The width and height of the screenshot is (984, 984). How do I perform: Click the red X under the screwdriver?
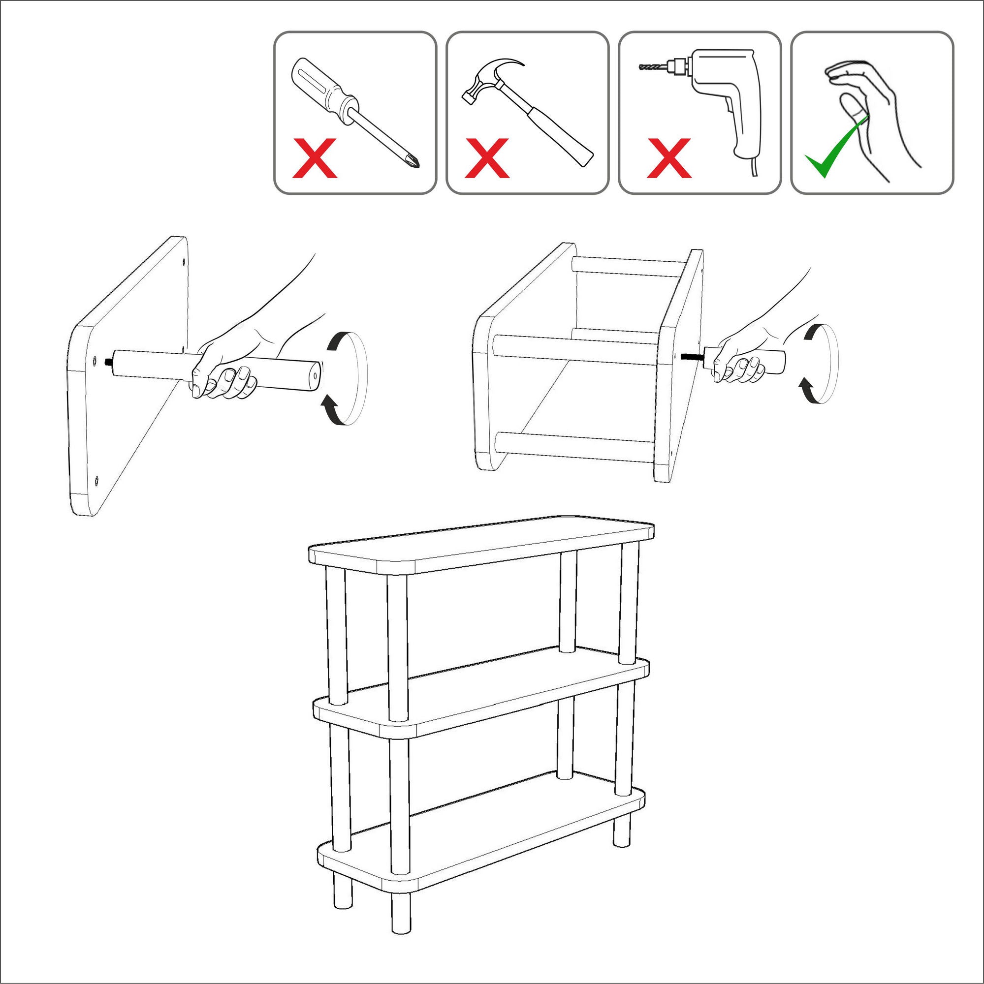[315, 158]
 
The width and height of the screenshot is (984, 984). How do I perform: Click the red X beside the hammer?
[487, 158]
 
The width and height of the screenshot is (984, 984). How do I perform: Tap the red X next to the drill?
[668, 158]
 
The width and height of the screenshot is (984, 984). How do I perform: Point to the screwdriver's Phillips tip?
[414, 162]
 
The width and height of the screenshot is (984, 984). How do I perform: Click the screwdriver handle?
[321, 87]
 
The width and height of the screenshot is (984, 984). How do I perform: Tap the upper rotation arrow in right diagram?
[811, 331]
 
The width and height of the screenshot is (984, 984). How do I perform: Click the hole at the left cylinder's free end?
[315, 376]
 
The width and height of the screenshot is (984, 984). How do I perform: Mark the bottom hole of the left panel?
[96, 479]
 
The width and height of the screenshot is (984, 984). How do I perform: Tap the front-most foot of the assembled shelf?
[401, 914]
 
